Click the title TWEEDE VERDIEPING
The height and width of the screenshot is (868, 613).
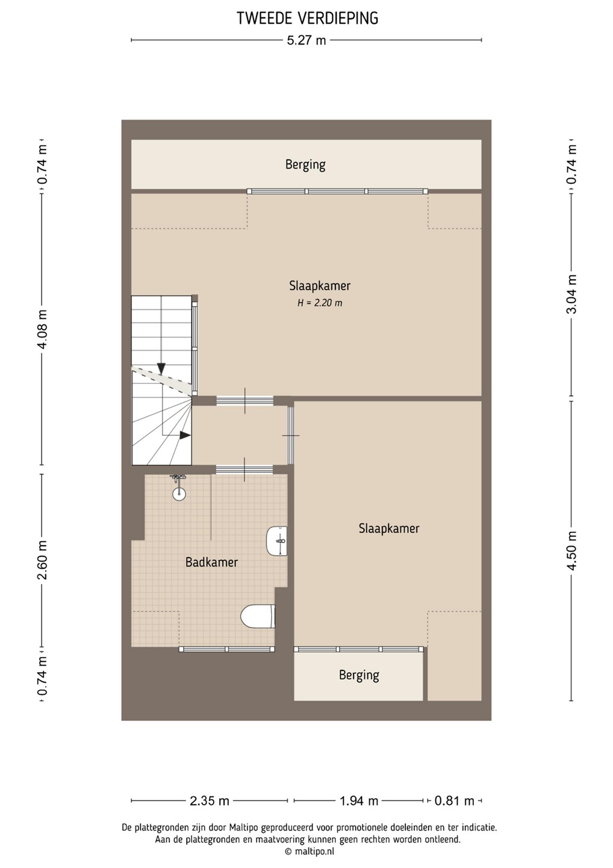(x=307, y=18)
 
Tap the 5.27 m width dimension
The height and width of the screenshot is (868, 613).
(x=306, y=40)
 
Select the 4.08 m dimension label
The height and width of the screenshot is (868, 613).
(x=42, y=329)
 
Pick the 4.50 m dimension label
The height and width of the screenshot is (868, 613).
(x=571, y=550)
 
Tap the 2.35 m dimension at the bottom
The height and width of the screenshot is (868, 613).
(x=210, y=800)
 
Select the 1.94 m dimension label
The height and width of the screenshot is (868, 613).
(x=359, y=800)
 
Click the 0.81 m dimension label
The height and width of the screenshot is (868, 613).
(x=455, y=800)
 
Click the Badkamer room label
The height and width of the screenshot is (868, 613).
(x=211, y=562)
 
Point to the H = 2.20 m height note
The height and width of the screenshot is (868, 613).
(x=320, y=303)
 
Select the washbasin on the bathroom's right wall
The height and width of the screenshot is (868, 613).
(x=277, y=541)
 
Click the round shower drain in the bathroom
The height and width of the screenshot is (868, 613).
(x=179, y=494)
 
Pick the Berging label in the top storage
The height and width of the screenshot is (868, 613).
(x=305, y=165)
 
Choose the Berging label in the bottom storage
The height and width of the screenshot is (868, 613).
(x=359, y=675)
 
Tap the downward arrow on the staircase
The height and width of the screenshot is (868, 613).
(x=161, y=368)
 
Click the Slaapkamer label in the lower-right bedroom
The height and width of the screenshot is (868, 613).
(x=389, y=529)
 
